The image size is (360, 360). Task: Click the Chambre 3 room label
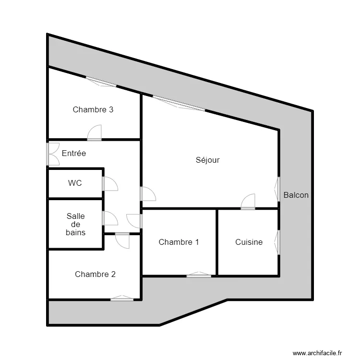93,109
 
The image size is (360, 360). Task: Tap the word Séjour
207,160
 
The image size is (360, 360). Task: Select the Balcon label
296,195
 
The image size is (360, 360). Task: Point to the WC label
75,183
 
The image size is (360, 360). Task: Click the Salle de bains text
76,224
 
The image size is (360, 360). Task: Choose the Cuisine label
249,242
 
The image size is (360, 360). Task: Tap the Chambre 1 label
179,242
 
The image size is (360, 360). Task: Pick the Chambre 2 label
95,274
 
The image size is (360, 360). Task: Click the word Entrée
74,154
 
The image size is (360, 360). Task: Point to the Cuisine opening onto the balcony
277,242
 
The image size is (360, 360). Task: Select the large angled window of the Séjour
179,104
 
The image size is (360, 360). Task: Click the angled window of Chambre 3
101,82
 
